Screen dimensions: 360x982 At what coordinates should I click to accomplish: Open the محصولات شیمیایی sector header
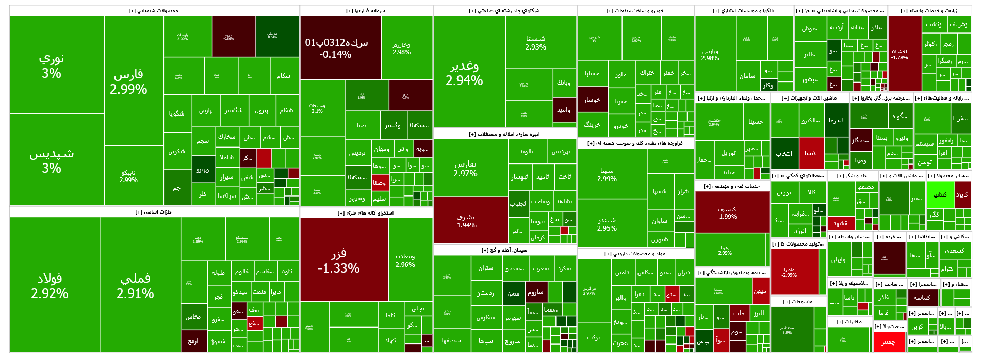tap(154, 11)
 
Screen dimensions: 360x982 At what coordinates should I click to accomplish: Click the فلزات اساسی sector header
tap(154, 212)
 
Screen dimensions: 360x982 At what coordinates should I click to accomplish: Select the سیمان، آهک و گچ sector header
tap(504, 250)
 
